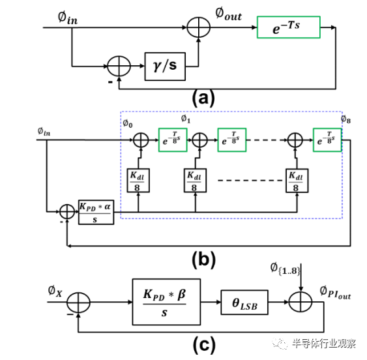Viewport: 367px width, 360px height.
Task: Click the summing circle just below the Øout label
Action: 196,29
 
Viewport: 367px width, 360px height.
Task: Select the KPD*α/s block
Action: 96,209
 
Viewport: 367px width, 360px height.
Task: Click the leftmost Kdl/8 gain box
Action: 138,180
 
